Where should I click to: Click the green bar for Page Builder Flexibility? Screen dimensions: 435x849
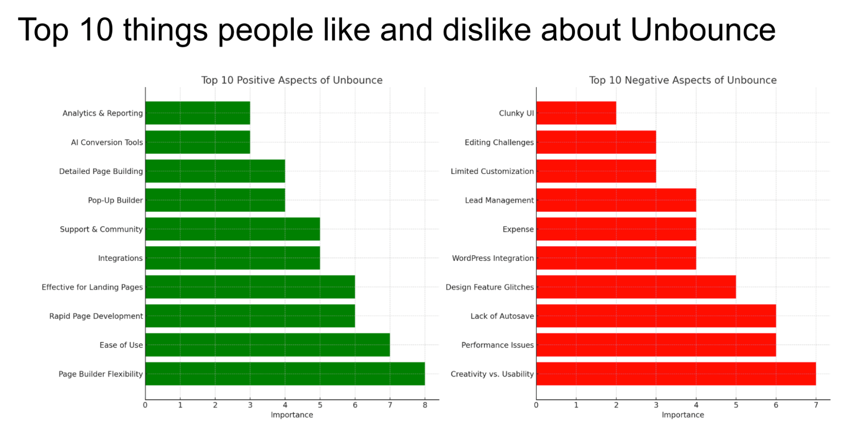click(x=285, y=374)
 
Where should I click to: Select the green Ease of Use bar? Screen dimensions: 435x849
click(x=268, y=345)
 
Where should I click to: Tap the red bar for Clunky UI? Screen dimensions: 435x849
click(x=576, y=113)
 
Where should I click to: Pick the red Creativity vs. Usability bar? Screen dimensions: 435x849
click(x=676, y=374)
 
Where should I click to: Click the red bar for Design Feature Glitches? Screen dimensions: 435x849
click(x=636, y=287)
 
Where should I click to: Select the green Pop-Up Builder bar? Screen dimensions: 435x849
click(x=215, y=200)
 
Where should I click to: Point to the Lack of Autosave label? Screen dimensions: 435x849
click(x=502, y=316)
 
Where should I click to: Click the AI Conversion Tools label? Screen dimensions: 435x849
click(x=107, y=142)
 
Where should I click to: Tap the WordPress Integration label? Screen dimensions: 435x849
click(x=493, y=258)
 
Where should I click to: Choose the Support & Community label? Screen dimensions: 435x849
click(x=101, y=229)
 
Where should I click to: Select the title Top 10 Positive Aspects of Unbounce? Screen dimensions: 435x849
click(x=291, y=80)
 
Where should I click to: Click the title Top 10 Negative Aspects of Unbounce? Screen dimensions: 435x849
click(x=683, y=80)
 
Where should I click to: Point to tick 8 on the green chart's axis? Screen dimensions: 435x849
click(x=425, y=405)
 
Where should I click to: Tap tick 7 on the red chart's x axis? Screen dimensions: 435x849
click(x=815, y=405)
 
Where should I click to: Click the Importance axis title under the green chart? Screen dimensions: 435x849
click(x=291, y=415)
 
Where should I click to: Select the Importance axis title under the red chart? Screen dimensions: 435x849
click(x=683, y=415)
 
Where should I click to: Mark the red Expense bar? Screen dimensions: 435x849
click(x=616, y=229)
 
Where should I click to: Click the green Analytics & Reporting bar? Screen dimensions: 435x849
click(x=197, y=113)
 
